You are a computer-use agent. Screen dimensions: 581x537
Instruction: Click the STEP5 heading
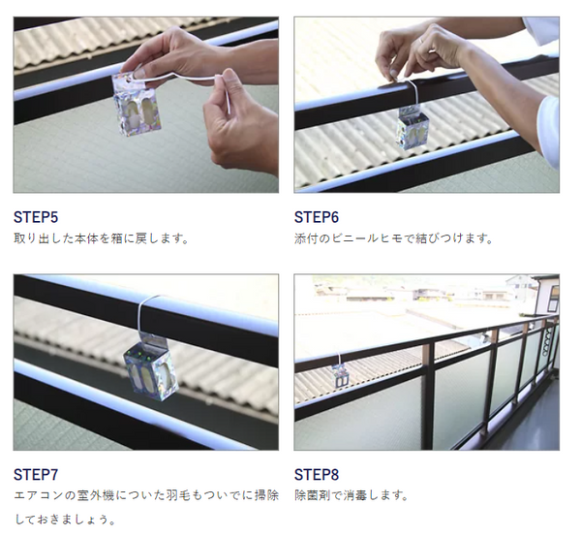[36, 217]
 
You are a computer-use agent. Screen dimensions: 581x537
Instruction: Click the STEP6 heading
[317, 217]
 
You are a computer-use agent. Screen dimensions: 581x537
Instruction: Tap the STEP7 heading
[36, 475]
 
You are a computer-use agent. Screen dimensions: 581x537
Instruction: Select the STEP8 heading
[317, 475]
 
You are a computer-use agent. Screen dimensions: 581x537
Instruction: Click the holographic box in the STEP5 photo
[138, 105]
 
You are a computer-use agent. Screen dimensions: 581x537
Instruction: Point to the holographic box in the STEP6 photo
[413, 127]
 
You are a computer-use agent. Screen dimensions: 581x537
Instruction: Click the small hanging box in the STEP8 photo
[341, 376]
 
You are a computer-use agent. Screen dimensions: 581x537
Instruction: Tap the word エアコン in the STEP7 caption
[39, 495]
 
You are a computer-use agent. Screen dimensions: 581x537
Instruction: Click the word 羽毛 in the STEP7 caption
[182, 495]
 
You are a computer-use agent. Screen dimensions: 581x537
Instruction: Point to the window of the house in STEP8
[553, 298]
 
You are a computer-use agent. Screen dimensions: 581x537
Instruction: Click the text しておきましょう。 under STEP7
[65, 520]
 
